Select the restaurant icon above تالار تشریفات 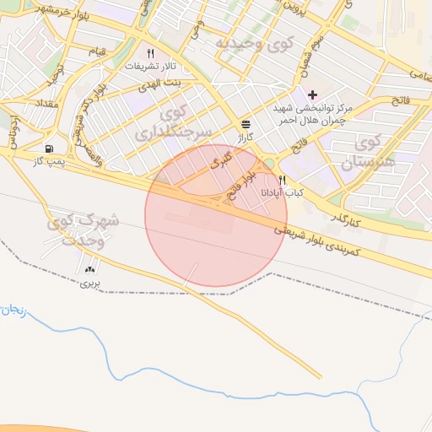(150, 52)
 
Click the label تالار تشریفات (150, 65)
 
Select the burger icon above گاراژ (245, 123)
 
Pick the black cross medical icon (313, 94)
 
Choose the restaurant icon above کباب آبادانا (283, 180)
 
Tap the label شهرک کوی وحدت (84, 229)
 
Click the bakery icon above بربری (90, 269)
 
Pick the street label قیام (98, 52)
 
